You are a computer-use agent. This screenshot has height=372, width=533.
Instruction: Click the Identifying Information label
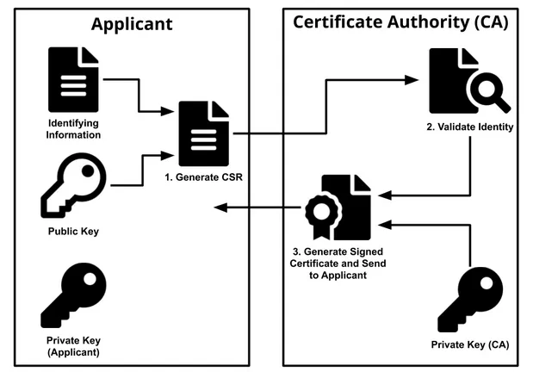point(74,129)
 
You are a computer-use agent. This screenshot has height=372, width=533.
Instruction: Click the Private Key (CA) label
point(470,345)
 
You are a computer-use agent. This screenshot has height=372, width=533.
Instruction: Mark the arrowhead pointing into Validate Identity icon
point(412,80)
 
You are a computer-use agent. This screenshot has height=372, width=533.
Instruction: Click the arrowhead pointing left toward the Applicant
point(221,208)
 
